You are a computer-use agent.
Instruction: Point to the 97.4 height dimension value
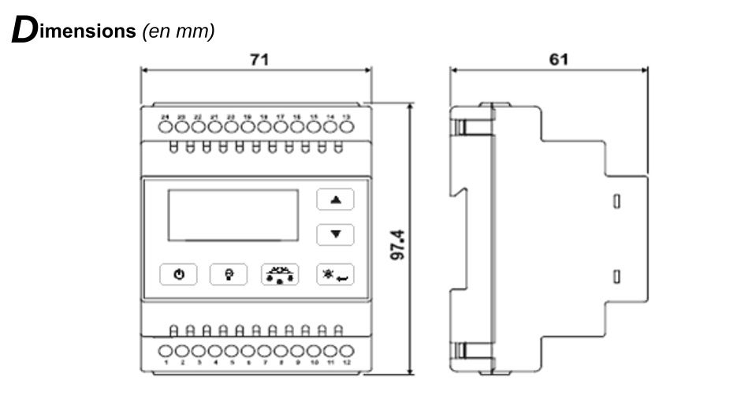[399, 247]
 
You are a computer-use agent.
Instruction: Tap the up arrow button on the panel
[336, 200]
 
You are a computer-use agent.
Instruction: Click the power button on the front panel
[179, 274]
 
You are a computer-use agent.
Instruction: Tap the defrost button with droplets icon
[279, 274]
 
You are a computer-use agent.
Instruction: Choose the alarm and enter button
[336, 274]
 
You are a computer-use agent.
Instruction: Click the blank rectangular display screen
[231, 214]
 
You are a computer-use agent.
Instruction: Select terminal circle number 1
[166, 351]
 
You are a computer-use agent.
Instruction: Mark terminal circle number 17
[280, 126]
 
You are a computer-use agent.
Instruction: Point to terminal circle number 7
[265, 351]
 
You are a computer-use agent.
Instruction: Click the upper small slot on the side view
[617, 203]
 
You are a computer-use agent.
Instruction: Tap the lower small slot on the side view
[617, 276]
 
